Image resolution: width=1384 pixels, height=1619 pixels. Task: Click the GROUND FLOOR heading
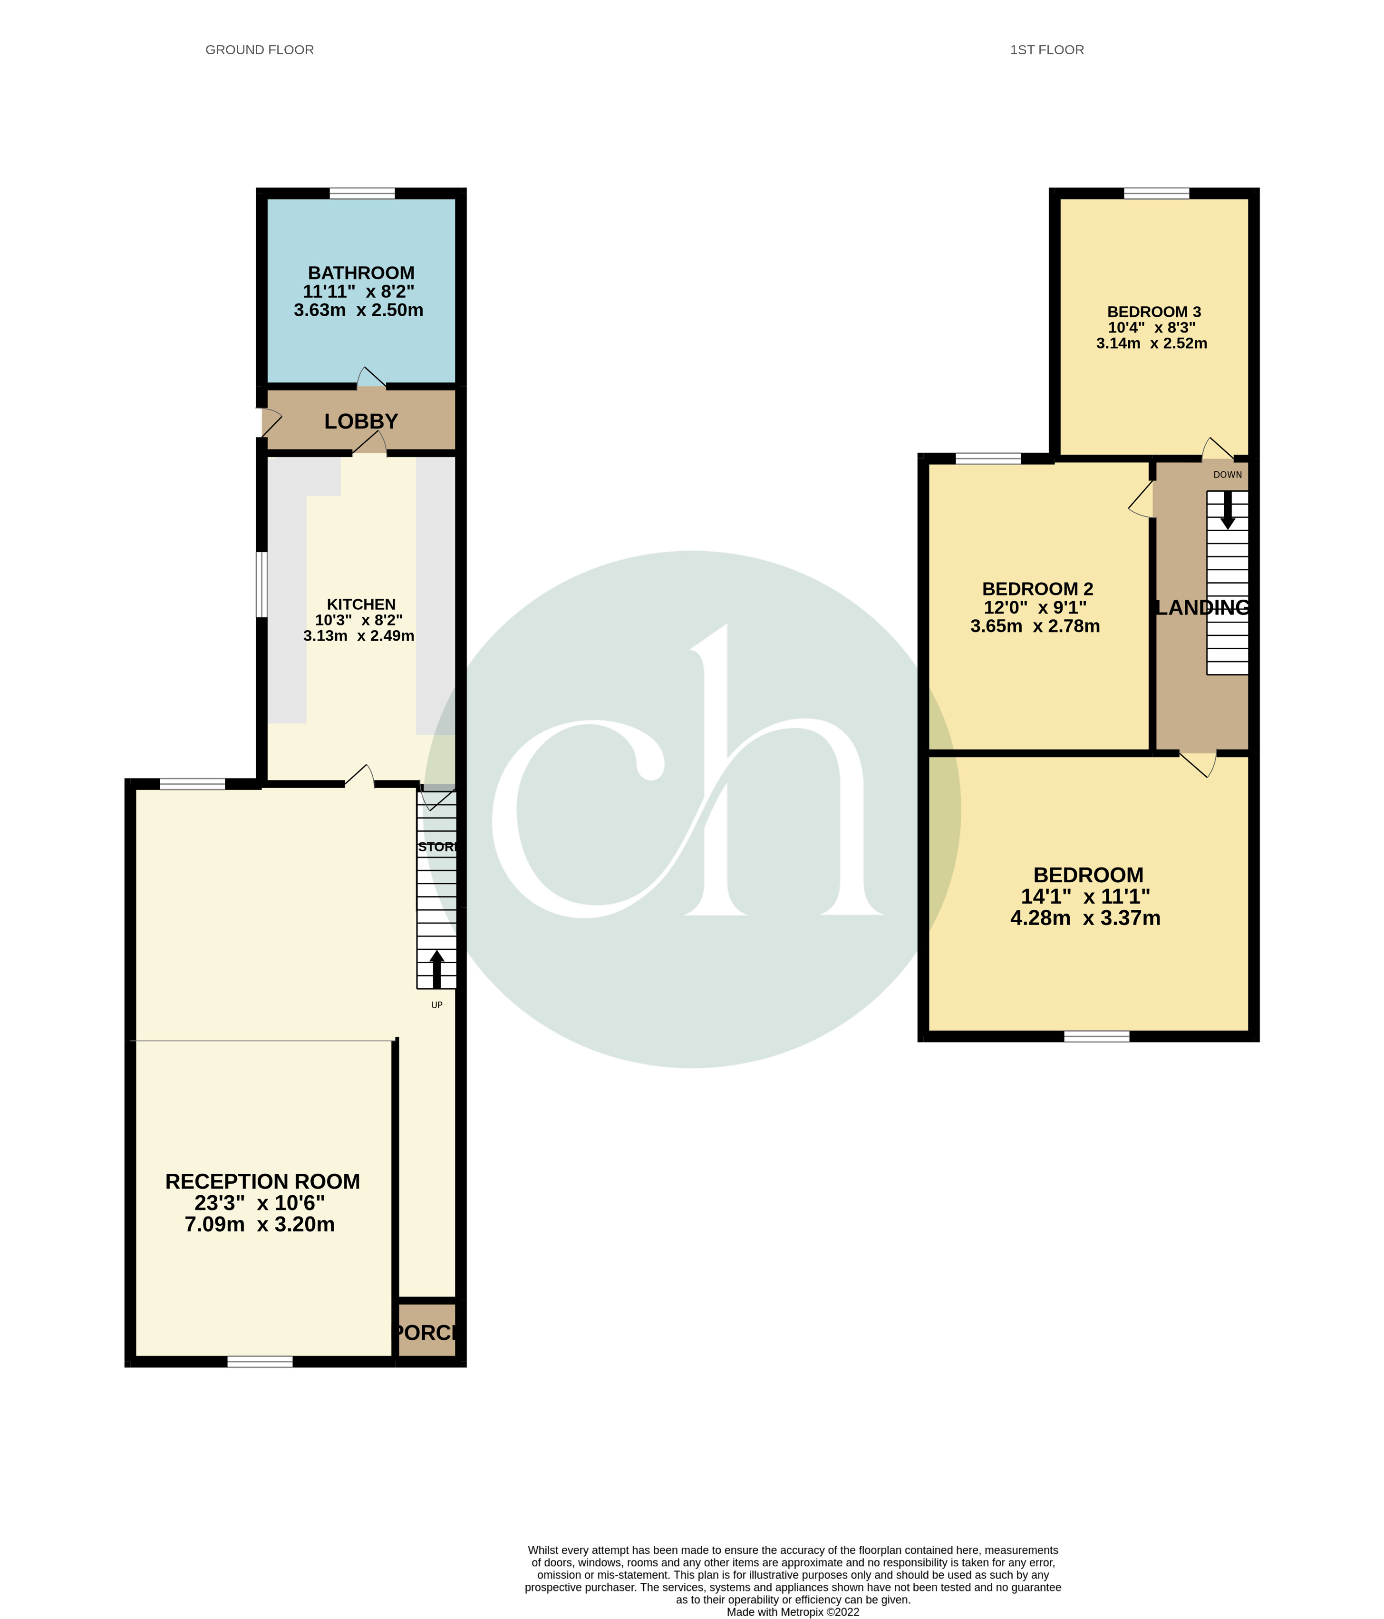259,50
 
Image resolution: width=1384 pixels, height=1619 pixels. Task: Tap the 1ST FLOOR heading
1046,50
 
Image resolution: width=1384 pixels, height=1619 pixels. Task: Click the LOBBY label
361,422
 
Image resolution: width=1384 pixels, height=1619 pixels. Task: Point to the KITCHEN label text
361,604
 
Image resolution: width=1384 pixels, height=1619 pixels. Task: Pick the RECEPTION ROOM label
262,1181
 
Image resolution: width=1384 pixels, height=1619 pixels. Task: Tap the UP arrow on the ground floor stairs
436,969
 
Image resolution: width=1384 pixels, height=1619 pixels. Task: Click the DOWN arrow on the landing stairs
1228,509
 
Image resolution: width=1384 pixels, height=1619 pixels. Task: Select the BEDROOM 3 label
1153,312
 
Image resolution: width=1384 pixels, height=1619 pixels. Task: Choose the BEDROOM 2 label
1037,589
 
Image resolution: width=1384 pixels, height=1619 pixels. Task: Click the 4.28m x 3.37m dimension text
1085,918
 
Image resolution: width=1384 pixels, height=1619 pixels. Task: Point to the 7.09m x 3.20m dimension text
259,1224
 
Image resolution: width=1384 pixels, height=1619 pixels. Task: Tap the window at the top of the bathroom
362,194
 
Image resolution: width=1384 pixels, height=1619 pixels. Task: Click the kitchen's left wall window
262,585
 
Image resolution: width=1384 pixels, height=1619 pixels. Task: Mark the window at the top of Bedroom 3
1156,194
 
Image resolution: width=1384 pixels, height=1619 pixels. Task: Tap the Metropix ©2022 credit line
793,1612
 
